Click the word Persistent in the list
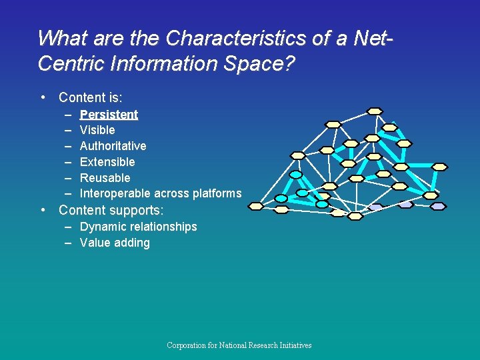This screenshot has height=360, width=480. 109,114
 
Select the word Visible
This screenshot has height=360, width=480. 97,130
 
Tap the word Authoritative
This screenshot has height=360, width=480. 113,146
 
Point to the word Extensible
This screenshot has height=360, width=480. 107,162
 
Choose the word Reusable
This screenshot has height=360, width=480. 105,178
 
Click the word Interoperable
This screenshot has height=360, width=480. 115,194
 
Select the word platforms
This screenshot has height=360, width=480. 217,194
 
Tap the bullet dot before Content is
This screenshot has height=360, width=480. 43,97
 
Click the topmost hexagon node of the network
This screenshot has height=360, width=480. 376,110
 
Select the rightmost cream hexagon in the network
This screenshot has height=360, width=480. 440,167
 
